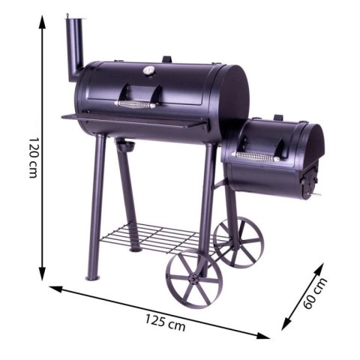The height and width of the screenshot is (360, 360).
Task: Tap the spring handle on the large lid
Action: click(136, 104)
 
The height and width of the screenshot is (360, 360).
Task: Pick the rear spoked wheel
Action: click(238, 241)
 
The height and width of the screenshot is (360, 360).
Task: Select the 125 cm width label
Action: click(166, 324)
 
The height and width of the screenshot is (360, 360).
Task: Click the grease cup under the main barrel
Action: click(124, 145)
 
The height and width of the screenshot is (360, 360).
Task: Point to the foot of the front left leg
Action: click(92, 277)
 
